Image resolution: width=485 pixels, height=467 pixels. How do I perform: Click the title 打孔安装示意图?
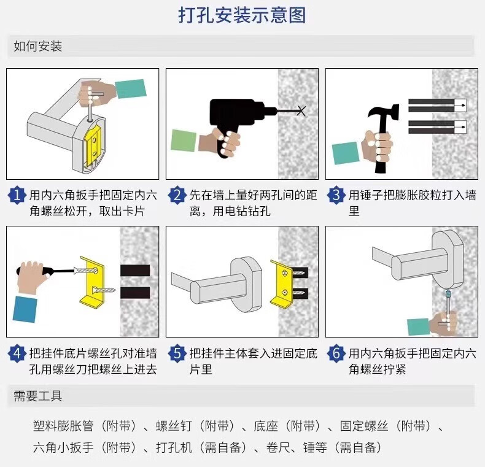242,15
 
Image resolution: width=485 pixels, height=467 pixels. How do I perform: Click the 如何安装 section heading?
38,47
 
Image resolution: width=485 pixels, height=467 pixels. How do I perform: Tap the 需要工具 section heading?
38,396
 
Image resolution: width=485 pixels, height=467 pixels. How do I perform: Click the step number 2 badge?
176,196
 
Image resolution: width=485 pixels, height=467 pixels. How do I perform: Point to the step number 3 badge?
336,196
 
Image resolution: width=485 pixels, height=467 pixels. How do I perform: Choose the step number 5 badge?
176,354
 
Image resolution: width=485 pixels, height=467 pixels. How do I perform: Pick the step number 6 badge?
336,354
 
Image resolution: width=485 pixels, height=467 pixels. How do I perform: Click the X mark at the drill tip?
300,111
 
